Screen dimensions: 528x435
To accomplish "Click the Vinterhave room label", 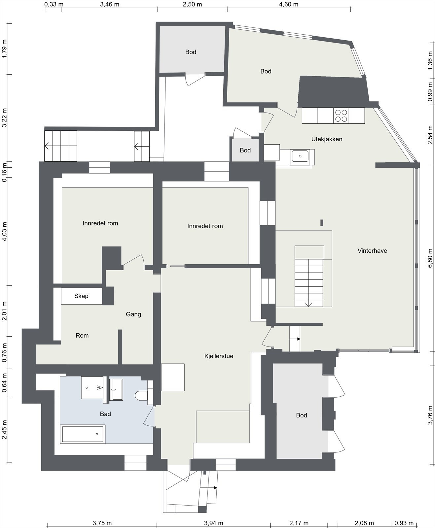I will point(372,251).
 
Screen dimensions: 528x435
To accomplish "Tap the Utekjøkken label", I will point(326,139).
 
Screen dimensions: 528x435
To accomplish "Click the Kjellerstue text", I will point(219,356).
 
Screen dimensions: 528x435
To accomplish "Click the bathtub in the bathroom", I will point(83,434).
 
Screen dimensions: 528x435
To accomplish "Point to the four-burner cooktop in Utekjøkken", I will point(341,115).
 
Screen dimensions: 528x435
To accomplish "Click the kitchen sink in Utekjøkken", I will point(300,156).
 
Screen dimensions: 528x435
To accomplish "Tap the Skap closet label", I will point(81,296).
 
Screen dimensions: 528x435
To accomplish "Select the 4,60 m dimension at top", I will point(289,4).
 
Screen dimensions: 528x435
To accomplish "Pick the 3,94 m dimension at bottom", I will point(213,523).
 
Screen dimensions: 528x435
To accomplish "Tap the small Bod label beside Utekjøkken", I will point(245,150).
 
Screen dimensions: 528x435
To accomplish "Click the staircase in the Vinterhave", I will point(309,282).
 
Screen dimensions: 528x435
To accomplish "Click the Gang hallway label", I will point(133,314).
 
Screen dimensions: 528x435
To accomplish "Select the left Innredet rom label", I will point(100,223).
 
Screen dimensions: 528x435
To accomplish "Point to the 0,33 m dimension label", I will point(54,4).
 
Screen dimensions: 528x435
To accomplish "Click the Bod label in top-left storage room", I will point(191,52).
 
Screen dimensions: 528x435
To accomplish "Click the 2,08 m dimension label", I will point(364,523).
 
